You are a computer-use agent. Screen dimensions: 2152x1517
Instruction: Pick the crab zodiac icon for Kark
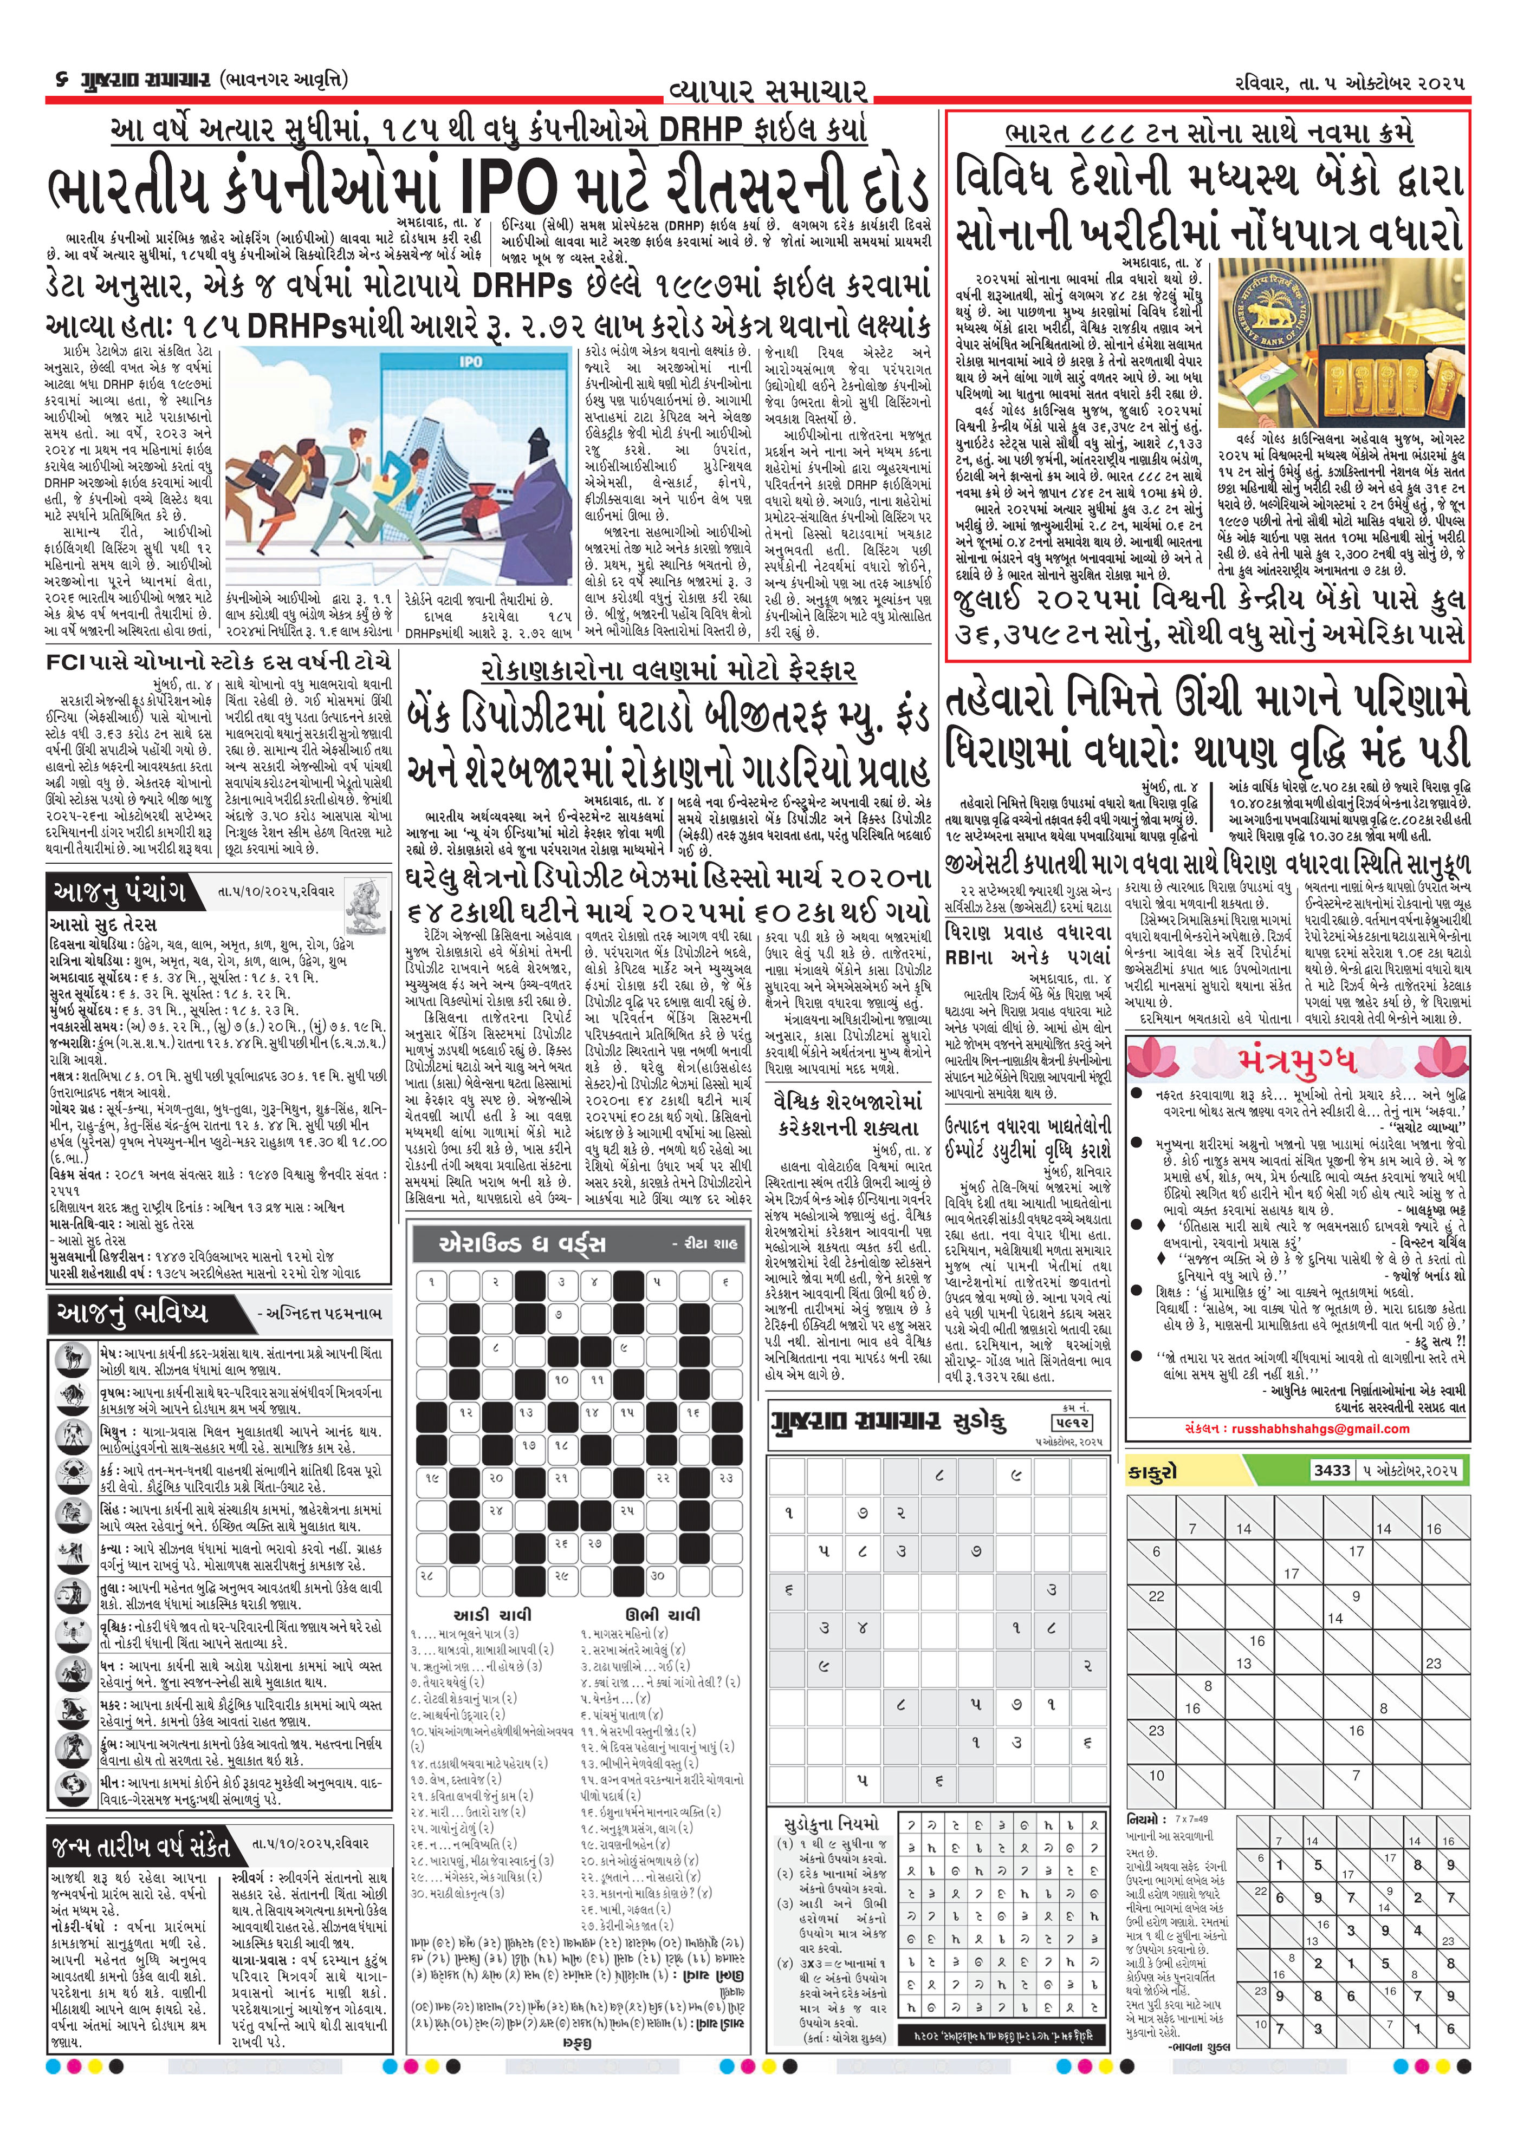coord(68,1493)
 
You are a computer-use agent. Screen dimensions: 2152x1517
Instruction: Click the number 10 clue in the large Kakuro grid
coord(1156,1775)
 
